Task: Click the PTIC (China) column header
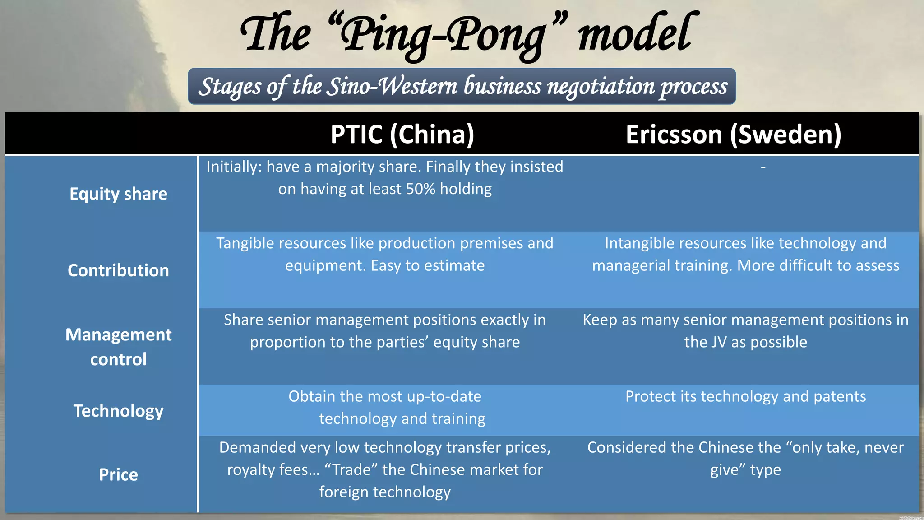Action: click(x=402, y=135)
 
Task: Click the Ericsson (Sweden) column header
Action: click(x=734, y=135)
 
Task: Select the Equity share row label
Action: click(x=118, y=194)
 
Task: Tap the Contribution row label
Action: click(x=118, y=270)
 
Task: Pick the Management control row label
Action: click(x=118, y=347)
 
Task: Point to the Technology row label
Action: click(x=118, y=411)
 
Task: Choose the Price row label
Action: click(x=118, y=474)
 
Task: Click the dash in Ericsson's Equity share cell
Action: click(x=763, y=167)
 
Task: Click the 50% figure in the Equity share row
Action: click(x=420, y=189)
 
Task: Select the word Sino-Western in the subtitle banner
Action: click(x=392, y=87)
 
